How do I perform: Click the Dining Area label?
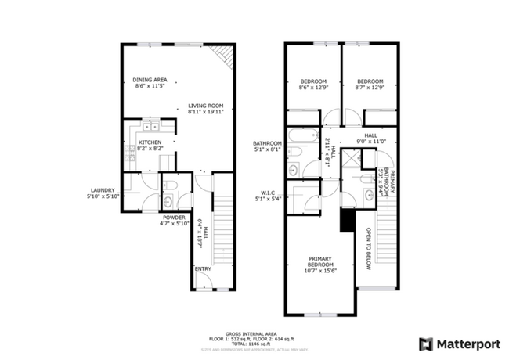(x=149, y=82)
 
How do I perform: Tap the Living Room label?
(x=206, y=108)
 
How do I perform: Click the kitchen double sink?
(x=150, y=125)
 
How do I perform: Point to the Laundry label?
(x=103, y=193)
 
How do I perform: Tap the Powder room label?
(x=173, y=220)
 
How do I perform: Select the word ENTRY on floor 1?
(x=203, y=269)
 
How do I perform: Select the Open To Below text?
(x=367, y=250)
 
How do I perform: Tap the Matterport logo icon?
(x=427, y=343)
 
